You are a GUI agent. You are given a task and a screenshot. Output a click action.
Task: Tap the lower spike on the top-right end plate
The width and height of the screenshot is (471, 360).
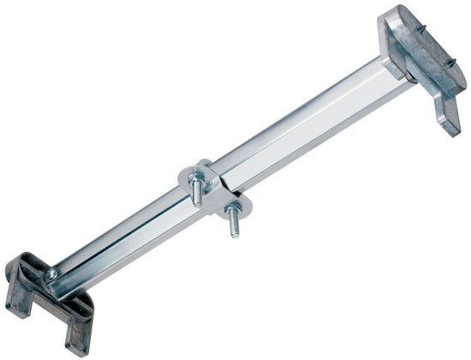pos(451,63)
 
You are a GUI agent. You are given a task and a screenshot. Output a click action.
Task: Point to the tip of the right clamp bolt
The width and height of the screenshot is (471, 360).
pos(235,234)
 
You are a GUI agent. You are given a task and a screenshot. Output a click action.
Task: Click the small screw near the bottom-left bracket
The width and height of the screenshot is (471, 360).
pos(51,273)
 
